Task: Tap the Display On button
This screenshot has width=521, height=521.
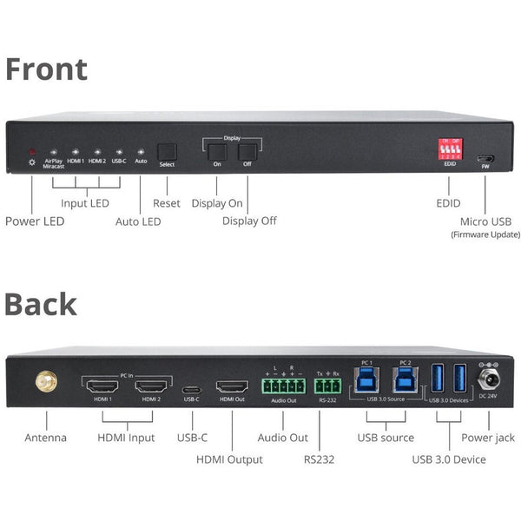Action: click(217, 152)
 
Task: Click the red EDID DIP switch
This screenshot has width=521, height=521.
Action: click(450, 148)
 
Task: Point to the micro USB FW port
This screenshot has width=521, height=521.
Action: click(485, 159)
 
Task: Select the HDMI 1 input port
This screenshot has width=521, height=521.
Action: click(105, 384)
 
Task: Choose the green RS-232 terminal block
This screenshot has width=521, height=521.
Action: click(328, 385)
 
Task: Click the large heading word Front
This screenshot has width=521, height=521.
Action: click(46, 69)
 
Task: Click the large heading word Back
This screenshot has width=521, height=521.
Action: click(41, 304)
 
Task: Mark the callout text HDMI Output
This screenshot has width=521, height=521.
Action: click(229, 458)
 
